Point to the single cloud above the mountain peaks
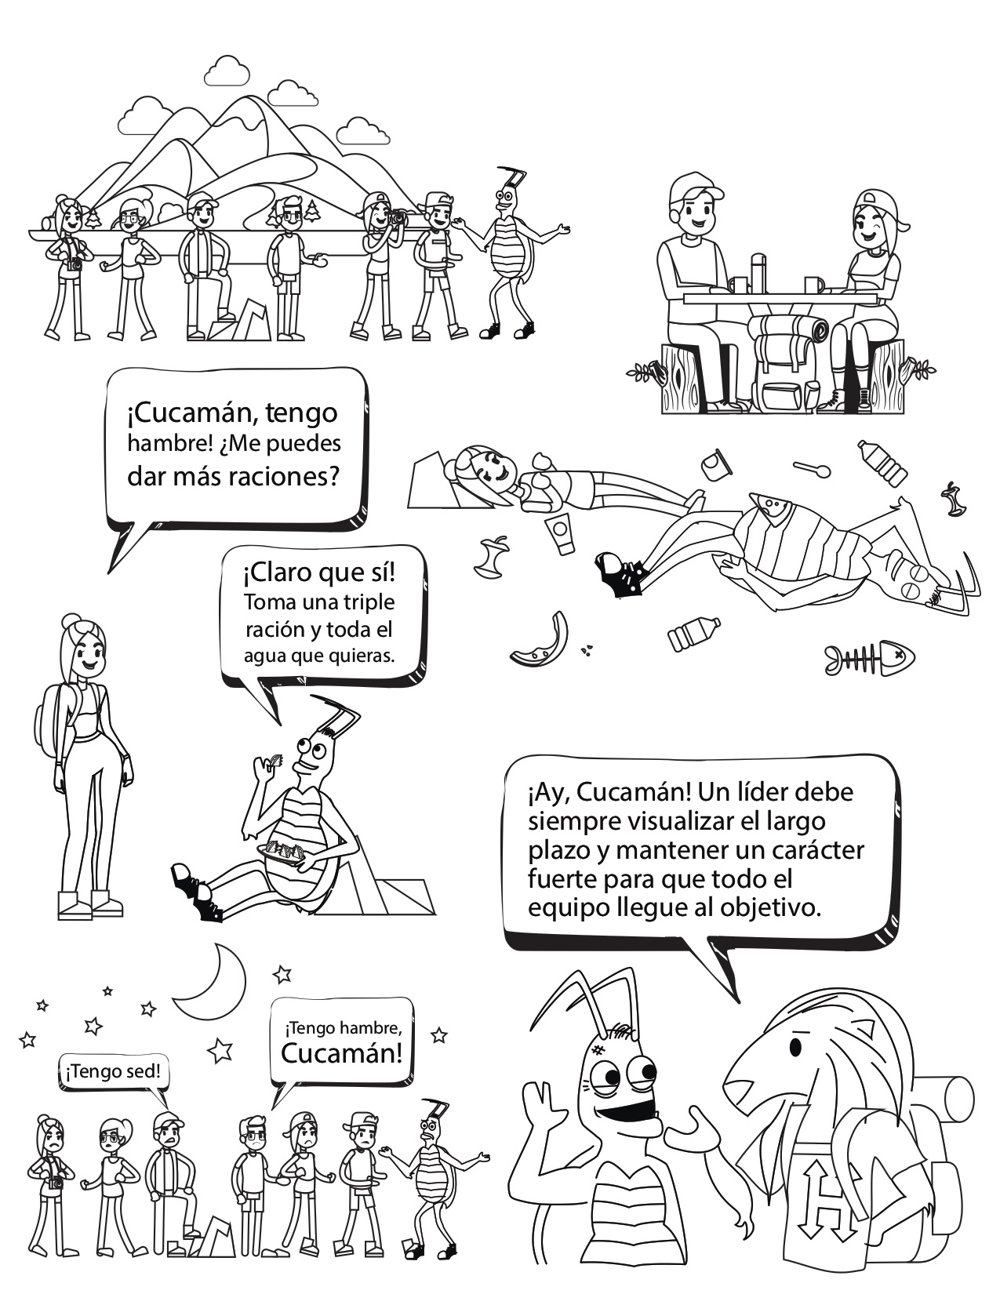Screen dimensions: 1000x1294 click(227, 71)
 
